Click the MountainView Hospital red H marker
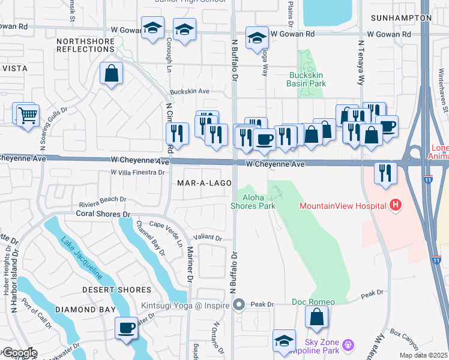point(395,206)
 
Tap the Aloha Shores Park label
point(253,202)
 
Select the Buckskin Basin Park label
point(307,80)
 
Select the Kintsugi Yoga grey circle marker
point(239,305)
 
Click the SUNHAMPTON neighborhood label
point(401,18)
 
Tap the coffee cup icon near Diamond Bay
point(127,328)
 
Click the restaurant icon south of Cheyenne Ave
point(384,173)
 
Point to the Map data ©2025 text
point(424,355)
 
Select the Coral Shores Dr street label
point(103,214)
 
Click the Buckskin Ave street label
point(189,91)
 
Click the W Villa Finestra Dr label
point(137,173)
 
